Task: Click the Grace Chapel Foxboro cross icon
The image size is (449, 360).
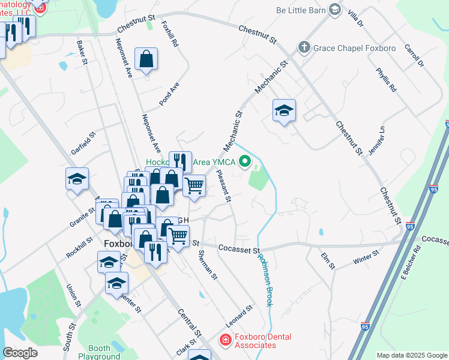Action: pos(304,47)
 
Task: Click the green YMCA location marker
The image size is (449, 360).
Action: pos(244,161)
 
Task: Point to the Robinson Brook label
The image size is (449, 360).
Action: pos(265,280)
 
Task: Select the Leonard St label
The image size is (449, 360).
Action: pos(240,314)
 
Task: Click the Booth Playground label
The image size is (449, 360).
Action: pos(99,352)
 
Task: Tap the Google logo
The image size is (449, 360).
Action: pos(20,353)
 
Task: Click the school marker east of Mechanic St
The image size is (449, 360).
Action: pos(284,110)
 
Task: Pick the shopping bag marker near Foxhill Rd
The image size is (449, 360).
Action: pos(146,59)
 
